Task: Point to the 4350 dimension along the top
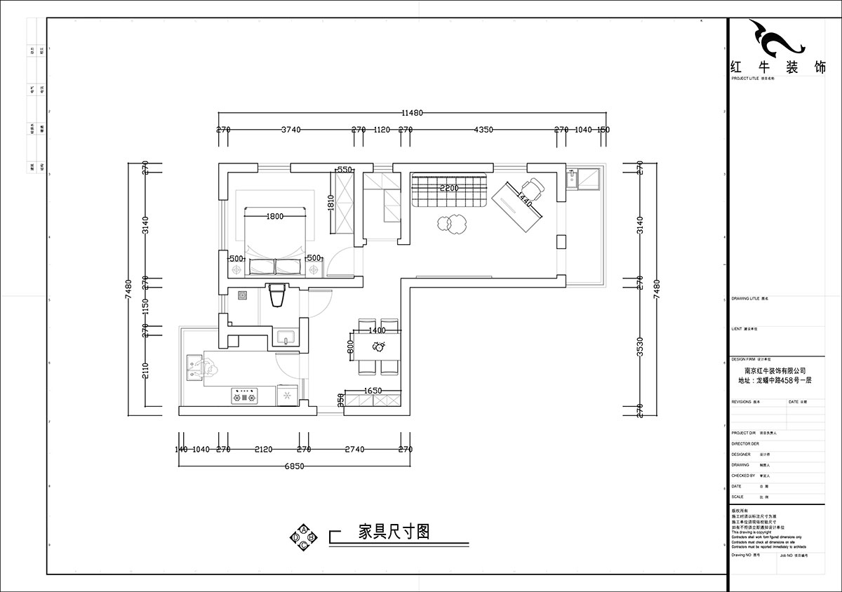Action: pyautogui.click(x=483, y=130)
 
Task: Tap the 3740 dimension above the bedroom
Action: pyautogui.click(x=290, y=130)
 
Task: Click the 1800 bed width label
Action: pyautogui.click(x=274, y=217)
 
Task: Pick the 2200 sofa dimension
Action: pyautogui.click(x=449, y=188)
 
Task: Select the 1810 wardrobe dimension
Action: pyautogui.click(x=330, y=203)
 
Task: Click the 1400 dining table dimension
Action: pyautogui.click(x=377, y=330)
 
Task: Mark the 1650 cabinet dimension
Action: pyautogui.click(x=372, y=391)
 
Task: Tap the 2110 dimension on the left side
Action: pyautogui.click(x=146, y=371)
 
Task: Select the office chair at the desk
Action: pyautogui.click(x=532, y=188)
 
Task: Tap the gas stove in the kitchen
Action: pyautogui.click(x=246, y=397)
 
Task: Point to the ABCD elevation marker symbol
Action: pyautogui.click(x=303, y=537)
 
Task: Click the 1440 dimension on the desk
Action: pyautogui.click(x=523, y=200)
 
